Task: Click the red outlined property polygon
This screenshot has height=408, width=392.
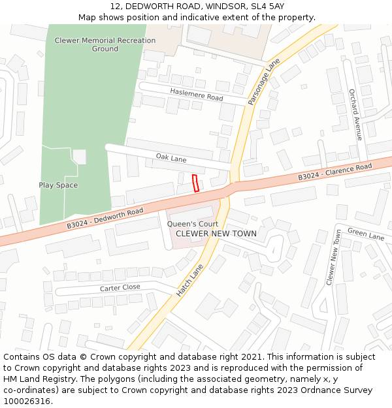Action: pos(195,183)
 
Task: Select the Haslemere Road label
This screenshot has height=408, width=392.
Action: pos(197,94)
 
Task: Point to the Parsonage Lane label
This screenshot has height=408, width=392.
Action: pos(264,82)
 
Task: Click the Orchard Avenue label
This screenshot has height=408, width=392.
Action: pos(355,115)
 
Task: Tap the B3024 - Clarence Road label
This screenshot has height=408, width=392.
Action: pos(335,172)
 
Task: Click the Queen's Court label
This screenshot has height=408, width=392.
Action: pos(193,224)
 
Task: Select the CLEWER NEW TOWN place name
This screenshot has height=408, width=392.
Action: pos(216,233)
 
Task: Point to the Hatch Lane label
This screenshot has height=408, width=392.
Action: pos(189,280)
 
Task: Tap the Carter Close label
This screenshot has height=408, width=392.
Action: pos(120,287)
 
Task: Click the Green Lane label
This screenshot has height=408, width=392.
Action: pos(366,233)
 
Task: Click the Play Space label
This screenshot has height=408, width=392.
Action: pos(58,185)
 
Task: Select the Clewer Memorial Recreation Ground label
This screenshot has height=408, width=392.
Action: pos(105,44)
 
